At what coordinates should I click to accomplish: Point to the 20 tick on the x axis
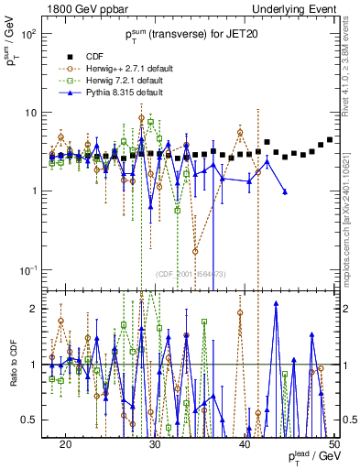coord(65,443)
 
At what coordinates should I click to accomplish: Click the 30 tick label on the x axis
coord(155,443)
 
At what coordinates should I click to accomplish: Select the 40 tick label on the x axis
coord(245,443)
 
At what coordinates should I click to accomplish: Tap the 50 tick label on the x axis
coord(333,443)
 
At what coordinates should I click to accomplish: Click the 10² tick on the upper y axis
coord(29,34)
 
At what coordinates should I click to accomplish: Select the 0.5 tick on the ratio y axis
coord(32,420)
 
